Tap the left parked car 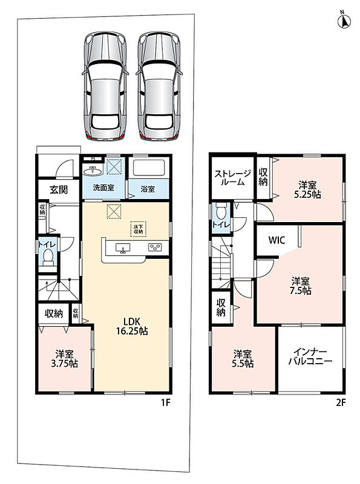click(105, 87)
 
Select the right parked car click(159, 87)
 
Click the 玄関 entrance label click(59, 189)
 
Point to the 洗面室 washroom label click(103, 188)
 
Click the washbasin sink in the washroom click(92, 171)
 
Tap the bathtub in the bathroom click(148, 168)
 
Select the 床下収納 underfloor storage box click(138, 229)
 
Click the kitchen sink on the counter click(123, 248)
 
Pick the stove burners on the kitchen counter click(155, 247)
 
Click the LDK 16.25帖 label click(132, 325)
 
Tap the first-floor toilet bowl click(48, 257)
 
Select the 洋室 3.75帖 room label click(64, 358)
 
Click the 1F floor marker click(166, 402)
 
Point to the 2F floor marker click(341, 402)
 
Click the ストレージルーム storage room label click(233, 177)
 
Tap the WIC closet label click(277, 240)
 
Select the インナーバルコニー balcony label click(310, 356)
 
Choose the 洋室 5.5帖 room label click(243, 359)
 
